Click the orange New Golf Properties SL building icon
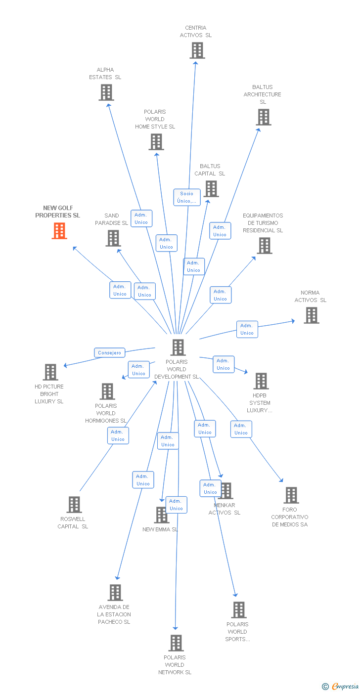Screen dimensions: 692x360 tap(59, 231)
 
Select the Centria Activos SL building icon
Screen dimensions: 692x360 tap(197, 50)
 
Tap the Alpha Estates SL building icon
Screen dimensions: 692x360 tap(106, 92)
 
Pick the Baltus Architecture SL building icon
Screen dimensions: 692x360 tap(264, 117)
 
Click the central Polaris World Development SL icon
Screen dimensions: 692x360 tap(178, 347)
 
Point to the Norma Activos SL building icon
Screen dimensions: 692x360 tap(311, 315)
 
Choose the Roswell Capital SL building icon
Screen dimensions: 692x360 tap(74, 505)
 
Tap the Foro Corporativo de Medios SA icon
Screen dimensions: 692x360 tap(291, 495)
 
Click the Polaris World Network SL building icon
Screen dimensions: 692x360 tap(176, 643)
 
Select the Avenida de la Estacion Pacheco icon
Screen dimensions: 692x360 tap(115, 593)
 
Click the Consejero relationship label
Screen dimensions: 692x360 tap(110, 353)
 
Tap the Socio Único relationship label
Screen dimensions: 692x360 tap(187, 197)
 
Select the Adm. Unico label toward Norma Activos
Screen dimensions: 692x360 tap(247, 329)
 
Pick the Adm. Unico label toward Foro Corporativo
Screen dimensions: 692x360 tap(241, 429)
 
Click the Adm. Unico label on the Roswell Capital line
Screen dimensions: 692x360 tap(118, 435)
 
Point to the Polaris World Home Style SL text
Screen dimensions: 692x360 tap(155, 119)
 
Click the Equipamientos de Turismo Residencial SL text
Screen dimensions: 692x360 tap(263, 223)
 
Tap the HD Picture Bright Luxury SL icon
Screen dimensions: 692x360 tap(50, 372)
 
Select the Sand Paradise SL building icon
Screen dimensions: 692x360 tap(113, 238)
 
